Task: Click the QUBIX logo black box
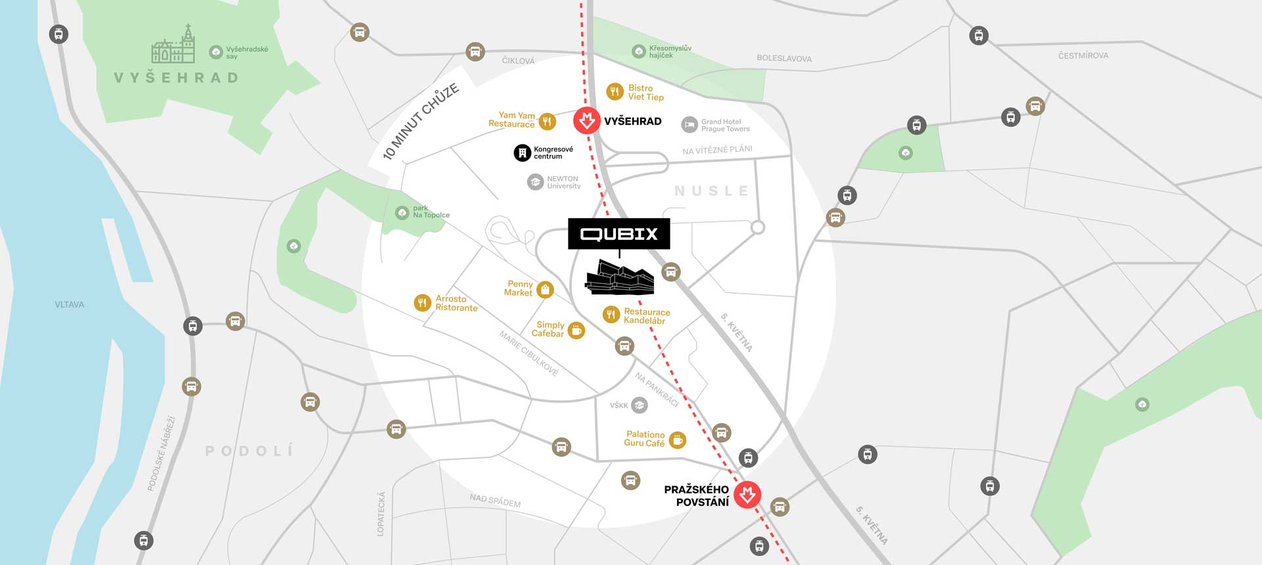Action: [x=619, y=234]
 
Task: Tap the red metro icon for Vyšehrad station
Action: [x=586, y=121]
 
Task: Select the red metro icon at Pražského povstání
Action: [x=747, y=495]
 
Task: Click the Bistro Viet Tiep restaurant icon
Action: [x=615, y=92]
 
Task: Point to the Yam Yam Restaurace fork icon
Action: [x=547, y=121]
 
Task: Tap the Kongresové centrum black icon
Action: [x=522, y=153]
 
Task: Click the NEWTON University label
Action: [x=563, y=182]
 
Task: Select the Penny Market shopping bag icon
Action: [x=545, y=289]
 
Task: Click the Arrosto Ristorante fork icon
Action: [x=422, y=303]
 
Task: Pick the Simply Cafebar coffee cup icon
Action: [x=576, y=330]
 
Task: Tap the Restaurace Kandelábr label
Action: [x=646, y=316]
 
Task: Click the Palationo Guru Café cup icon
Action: [x=677, y=440]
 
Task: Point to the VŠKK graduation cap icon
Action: [x=639, y=405]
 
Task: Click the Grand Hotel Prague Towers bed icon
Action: [x=689, y=125]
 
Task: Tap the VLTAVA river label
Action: [x=69, y=305]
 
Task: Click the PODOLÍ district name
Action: [x=249, y=451]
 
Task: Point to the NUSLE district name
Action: [x=711, y=191]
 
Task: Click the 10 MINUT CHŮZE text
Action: [x=421, y=122]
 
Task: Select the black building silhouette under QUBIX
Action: [x=620, y=277]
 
